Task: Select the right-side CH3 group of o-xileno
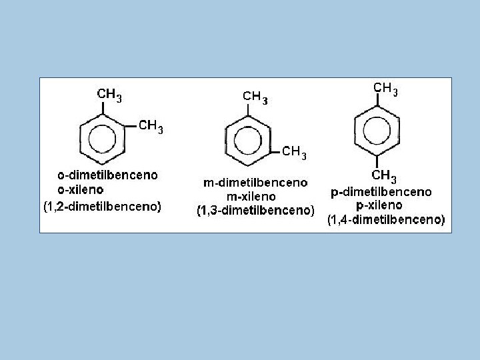coord(151,127)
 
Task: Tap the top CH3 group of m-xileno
coord(255,97)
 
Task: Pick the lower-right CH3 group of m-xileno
coord(294,153)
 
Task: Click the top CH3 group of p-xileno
coord(385,89)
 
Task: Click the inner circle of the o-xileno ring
coord(102,139)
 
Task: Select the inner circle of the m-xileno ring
coord(248,141)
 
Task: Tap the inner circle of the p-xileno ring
coord(377,131)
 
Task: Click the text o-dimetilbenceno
coord(108,175)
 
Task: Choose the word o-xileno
coord(81,190)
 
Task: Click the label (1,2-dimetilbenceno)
coord(103,207)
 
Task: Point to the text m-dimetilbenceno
coord(255,183)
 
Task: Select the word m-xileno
coord(251,197)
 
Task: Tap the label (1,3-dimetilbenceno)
coord(255,211)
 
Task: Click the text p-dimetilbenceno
coord(381,192)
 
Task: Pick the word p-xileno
coord(379,205)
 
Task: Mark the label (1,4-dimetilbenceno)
coord(386,220)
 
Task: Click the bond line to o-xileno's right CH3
coord(131,126)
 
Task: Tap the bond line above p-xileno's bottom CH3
coord(377,162)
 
